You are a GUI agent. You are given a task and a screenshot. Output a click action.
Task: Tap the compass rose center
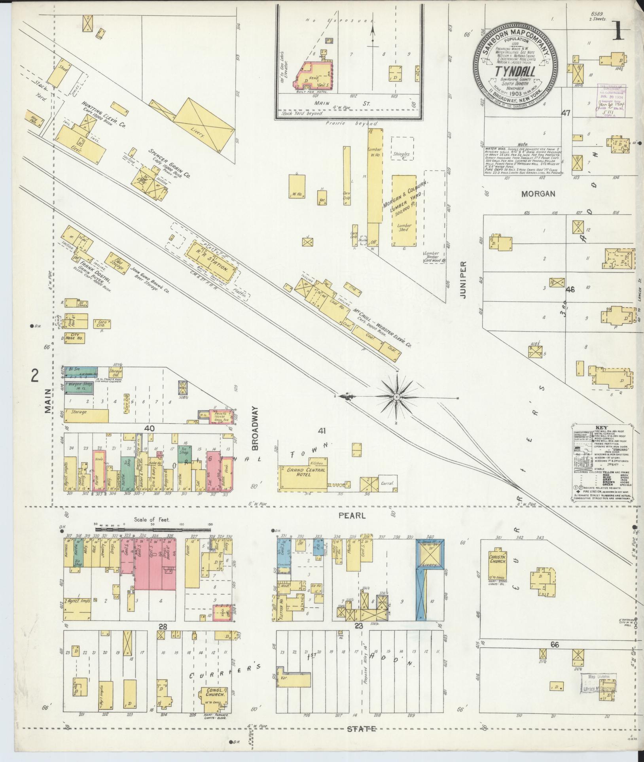tap(396, 396)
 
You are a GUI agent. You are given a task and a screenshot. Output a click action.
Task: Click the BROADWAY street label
tap(255, 428)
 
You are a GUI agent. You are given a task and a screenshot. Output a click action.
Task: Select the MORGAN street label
tap(538, 194)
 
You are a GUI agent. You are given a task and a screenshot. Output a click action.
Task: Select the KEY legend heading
tap(600, 428)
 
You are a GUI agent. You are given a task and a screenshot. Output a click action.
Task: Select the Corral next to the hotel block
tap(387, 483)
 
